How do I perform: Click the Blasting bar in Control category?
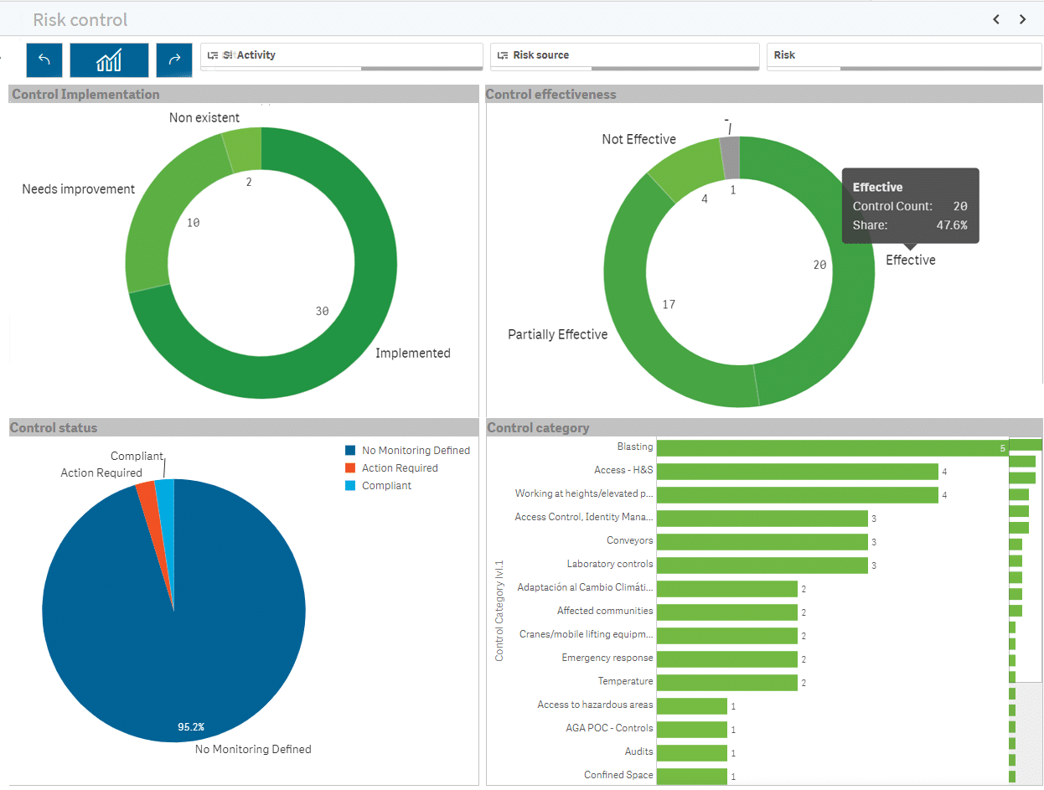tap(830, 448)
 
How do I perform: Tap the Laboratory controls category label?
tap(609, 565)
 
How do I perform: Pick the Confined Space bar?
tap(691, 777)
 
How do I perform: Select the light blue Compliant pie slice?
tap(166, 494)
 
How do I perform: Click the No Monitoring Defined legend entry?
tap(415, 451)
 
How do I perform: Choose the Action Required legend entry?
tap(399, 468)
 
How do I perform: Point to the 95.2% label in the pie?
tap(190, 726)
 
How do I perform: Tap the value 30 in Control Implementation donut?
tap(322, 311)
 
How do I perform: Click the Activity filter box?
tap(340, 55)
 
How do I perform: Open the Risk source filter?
tap(624, 55)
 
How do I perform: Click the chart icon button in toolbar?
tap(109, 60)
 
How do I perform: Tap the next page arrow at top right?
tap(1023, 19)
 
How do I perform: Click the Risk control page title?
tap(80, 19)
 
